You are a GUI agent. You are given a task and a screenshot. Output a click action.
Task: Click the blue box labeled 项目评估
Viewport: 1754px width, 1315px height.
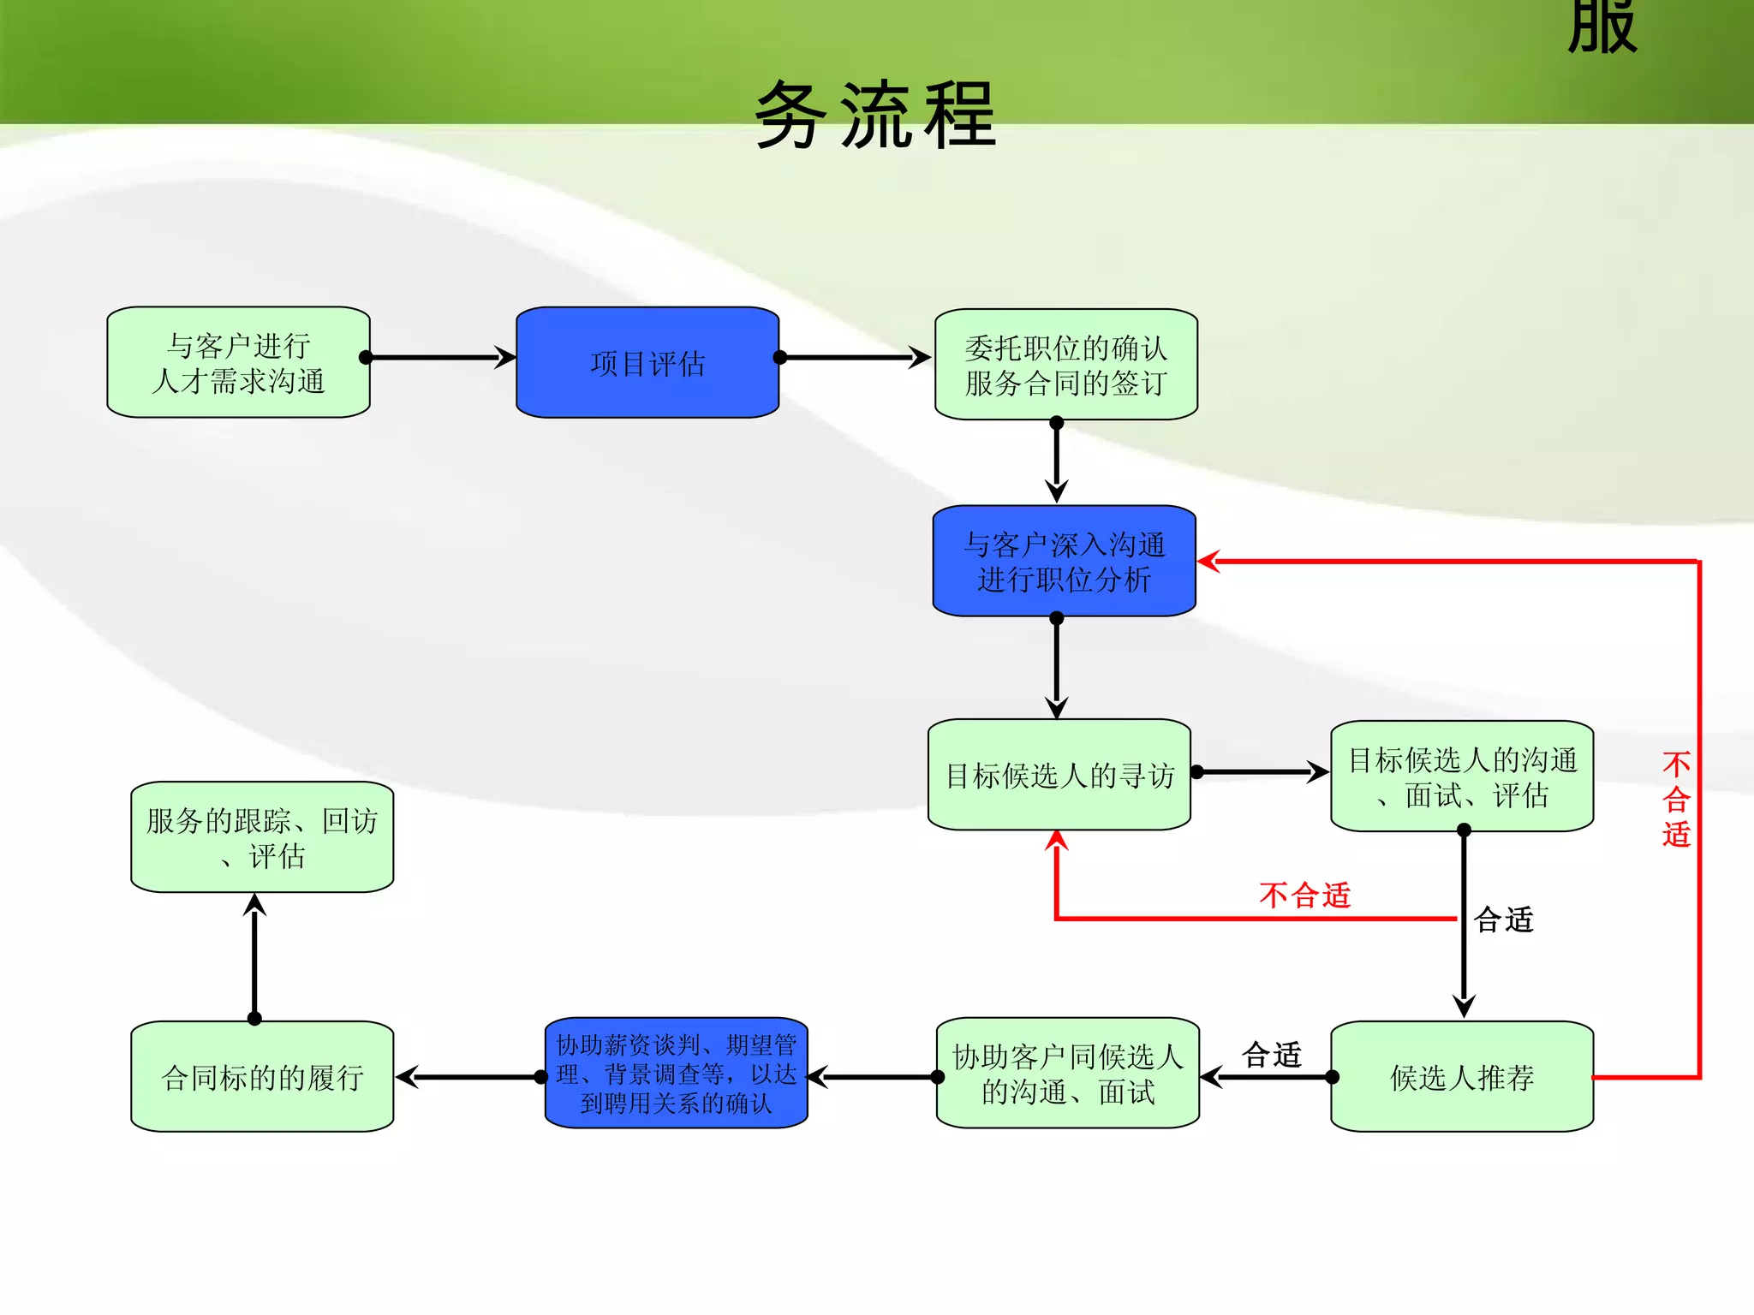click(647, 363)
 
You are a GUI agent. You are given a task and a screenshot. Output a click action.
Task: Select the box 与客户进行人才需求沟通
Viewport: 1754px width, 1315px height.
click(238, 363)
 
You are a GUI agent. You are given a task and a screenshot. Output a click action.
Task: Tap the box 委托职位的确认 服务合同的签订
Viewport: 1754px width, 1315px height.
click(1065, 365)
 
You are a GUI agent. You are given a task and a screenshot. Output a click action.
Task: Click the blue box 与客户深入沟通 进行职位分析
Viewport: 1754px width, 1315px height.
click(1064, 562)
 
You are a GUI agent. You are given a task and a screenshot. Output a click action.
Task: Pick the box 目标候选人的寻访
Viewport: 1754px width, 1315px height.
click(1059, 775)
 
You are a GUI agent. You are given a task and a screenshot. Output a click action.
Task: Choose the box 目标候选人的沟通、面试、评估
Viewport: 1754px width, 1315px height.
click(1462, 777)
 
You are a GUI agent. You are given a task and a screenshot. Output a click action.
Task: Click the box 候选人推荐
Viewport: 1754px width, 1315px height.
click(1462, 1077)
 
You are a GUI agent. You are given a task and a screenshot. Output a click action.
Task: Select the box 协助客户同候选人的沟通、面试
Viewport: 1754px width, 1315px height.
click(1067, 1074)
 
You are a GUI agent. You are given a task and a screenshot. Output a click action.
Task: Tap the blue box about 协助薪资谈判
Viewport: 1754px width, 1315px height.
click(676, 1074)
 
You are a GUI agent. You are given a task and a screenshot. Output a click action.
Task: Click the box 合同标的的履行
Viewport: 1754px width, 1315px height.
click(262, 1077)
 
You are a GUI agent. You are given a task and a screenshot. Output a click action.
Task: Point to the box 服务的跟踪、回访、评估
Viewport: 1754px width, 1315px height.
click(262, 837)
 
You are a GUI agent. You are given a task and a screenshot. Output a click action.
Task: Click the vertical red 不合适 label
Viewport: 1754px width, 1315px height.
click(1676, 799)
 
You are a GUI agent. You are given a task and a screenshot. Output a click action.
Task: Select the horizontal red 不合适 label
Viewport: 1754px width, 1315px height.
click(1304, 896)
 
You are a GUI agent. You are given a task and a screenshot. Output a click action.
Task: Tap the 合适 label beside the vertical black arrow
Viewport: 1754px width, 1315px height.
click(1503, 920)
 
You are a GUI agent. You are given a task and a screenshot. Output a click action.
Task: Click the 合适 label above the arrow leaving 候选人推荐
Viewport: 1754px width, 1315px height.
click(1272, 1055)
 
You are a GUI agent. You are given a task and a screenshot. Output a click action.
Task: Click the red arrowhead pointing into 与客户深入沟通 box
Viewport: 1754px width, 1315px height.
click(1208, 562)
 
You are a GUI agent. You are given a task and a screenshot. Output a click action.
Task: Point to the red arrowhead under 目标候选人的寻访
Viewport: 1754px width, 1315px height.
click(1057, 842)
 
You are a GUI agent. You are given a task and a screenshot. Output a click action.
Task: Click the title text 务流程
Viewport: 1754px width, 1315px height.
click(875, 116)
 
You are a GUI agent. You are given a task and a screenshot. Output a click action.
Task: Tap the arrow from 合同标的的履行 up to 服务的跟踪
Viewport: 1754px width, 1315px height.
click(254, 957)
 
